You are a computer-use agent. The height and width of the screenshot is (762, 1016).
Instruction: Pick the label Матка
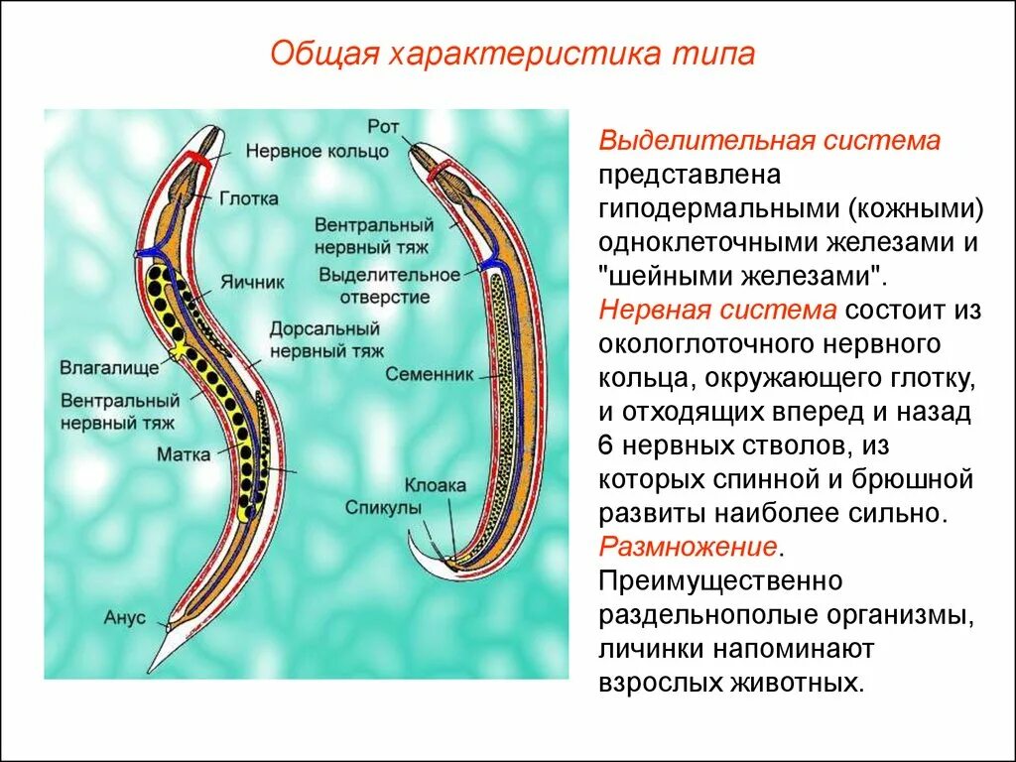[183, 455]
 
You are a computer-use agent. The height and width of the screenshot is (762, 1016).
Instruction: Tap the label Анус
[124, 617]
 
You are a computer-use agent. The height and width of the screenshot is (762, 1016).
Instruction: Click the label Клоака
[435, 486]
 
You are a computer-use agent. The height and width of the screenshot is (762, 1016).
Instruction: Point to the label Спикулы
[384, 507]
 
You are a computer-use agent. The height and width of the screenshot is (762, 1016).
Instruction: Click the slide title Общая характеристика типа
[513, 53]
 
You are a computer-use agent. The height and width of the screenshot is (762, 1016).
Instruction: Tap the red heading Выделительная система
[769, 141]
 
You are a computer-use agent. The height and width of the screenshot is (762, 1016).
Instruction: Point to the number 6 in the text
[606, 445]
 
